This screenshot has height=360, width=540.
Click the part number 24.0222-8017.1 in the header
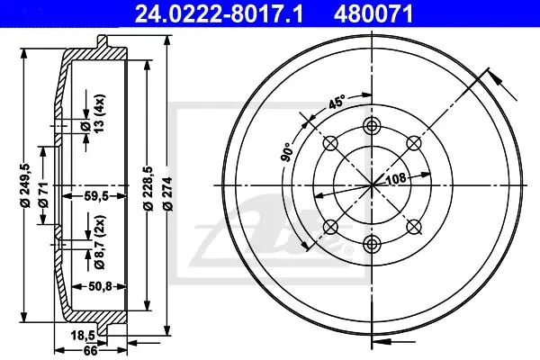click(x=219, y=14)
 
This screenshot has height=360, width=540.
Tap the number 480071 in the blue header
click(x=373, y=14)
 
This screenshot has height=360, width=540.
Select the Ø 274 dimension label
click(x=168, y=193)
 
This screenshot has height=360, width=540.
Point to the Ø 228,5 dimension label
click(x=148, y=188)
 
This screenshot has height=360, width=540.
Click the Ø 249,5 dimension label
click(x=25, y=185)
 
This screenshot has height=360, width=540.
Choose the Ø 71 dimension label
click(x=44, y=195)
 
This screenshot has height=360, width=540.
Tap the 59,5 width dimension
click(x=96, y=196)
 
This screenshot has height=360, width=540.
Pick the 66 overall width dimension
click(x=91, y=351)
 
